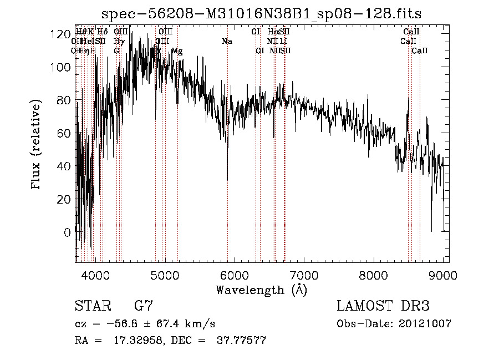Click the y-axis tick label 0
coord(67,232)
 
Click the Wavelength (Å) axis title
coord(262,290)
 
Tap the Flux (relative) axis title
coord(37,145)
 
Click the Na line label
coord(227,42)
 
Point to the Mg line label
coord(177,51)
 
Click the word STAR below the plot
coord(90,306)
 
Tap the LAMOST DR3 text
coord(383,306)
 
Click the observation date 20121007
coord(426,323)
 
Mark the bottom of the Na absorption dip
coord(227,179)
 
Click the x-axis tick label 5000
coord(165,275)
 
